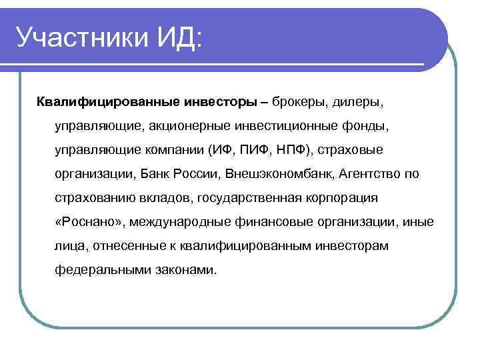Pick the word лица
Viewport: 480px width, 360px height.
point(69,247)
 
